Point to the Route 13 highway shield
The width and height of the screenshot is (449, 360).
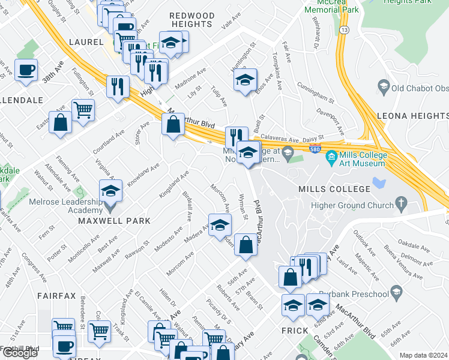[343, 29]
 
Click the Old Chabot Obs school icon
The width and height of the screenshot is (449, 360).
[383, 88]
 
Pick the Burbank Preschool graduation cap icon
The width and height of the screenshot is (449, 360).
[396, 293]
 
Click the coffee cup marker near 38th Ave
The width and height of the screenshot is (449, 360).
[26, 71]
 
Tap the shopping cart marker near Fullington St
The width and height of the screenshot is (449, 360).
[83, 110]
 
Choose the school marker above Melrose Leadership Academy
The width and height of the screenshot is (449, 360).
[110, 191]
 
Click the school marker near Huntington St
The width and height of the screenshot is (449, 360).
[245, 80]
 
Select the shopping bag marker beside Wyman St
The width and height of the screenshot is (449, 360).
[246, 245]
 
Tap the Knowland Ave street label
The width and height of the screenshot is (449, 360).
[142, 173]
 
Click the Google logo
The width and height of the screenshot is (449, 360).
[20, 353]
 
